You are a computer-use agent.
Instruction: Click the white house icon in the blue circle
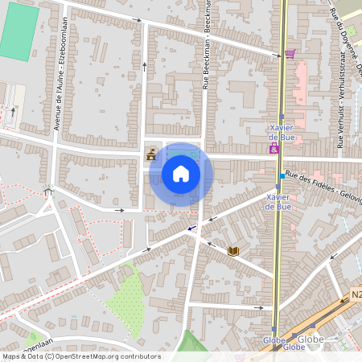(181, 174)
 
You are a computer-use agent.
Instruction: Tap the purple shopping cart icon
(290, 54)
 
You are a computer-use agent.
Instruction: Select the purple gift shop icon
(275, 149)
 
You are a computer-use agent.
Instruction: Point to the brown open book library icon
(233, 252)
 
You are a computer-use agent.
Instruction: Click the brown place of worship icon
(150, 155)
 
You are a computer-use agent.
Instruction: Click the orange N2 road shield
(356, 295)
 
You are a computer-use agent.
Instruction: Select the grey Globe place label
(313, 339)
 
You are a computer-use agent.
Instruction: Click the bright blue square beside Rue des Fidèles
(282, 175)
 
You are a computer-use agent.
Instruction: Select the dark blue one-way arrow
(193, 228)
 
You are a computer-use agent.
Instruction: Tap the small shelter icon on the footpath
(48, 191)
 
